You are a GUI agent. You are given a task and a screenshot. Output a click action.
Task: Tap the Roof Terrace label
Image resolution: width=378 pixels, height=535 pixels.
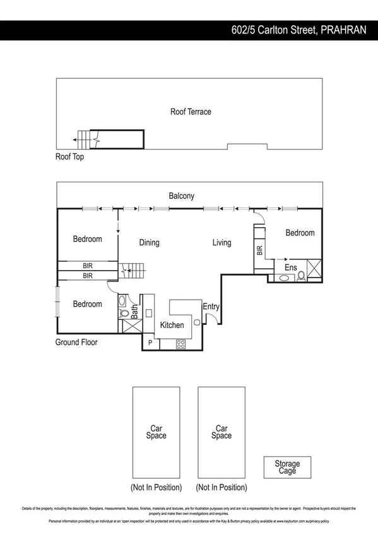click(191, 112)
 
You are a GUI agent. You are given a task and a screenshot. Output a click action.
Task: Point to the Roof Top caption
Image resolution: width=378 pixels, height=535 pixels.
click(69, 156)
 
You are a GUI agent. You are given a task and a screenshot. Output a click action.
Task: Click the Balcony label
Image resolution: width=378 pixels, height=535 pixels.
click(181, 196)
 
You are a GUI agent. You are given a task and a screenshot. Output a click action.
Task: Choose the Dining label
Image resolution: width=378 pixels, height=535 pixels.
click(149, 242)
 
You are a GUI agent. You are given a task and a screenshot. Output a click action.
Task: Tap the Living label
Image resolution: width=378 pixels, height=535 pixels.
click(221, 242)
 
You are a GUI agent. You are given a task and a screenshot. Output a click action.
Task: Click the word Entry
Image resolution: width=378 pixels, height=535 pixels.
click(211, 307)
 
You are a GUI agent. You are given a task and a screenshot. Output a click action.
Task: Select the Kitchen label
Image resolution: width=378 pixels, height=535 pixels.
click(172, 325)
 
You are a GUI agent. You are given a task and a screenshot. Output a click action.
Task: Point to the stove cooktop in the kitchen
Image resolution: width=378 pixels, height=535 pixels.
click(180, 344)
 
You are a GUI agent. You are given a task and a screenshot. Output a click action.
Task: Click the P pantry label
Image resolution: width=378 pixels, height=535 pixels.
click(150, 343)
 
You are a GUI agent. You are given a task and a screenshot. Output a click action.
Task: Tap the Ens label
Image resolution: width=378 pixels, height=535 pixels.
click(290, 267)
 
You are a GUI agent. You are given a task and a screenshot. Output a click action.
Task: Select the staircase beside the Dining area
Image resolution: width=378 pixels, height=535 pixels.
click(134, 271)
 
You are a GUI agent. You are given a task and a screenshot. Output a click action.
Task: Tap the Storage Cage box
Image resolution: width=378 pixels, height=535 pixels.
click(287, 467)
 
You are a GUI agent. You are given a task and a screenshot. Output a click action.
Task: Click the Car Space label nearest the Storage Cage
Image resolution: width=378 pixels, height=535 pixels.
click(221, 432)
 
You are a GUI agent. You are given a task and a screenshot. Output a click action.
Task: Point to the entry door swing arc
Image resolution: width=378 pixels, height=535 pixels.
click(215, 319)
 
